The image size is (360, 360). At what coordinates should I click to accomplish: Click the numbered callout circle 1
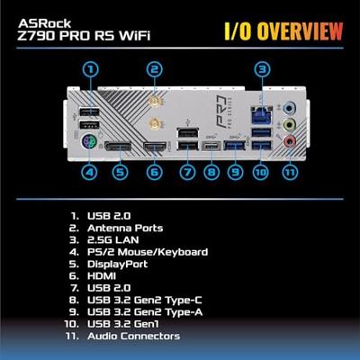pos(90,69)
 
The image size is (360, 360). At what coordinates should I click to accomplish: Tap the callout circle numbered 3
pos(263,69)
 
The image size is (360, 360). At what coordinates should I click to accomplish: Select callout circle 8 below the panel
pos(211,172)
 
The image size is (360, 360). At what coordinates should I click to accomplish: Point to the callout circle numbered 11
pos(290,172)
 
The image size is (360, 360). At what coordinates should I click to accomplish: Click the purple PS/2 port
pos(89,141)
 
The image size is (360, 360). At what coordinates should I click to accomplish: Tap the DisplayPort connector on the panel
pos(118,147)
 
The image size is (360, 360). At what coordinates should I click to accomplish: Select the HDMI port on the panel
pos(156,147)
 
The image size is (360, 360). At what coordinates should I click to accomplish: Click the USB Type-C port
pos(211,146)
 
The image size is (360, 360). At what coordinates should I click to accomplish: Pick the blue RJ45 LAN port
pos(262,115)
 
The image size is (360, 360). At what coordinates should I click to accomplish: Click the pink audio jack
pos(290,139)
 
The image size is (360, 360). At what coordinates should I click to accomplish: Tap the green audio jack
pos(290,123)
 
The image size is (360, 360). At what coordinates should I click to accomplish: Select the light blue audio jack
pos(290,107)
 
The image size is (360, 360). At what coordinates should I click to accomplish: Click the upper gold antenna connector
pos(154,103)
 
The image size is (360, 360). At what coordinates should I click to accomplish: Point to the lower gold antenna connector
pos(155,123)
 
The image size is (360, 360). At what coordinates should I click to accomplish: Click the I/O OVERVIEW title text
pos(283,31)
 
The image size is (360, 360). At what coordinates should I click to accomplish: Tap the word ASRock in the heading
pos(44,23)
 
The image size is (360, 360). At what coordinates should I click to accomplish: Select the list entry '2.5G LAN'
pos(113,240)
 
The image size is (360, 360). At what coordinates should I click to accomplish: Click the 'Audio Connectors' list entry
pos(134,336)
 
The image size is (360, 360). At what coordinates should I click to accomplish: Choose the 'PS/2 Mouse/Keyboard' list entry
pos(148,252)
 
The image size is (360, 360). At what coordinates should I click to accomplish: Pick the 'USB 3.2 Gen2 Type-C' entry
pos(145,300)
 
